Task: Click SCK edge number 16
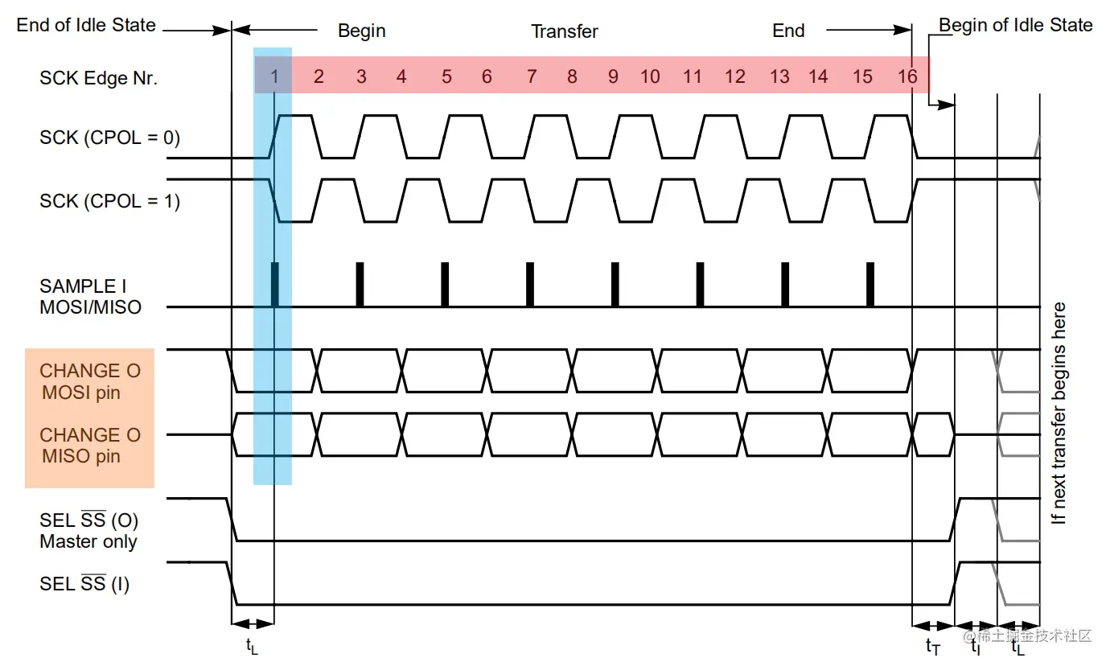pyautogui.click(x=907, y=77)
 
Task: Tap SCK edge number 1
pyautogui.click(x=274, y=77)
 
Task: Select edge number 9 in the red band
pyautogui.click(x=613, y=77)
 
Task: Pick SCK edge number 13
pyautogui.click(x=779, y=77)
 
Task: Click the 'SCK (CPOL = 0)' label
pyautogui.click(x=109, y=138)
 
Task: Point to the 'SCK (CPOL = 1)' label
pyautogui.click(x=109, y=200)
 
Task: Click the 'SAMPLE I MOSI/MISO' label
pyautogui.click(x=90, y=296)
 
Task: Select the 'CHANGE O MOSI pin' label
pyautogui.click(x=90, y=382)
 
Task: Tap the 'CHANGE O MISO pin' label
pyautogui.click(x=90, y=446)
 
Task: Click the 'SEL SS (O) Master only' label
pyautogui.click(x=88, y=531)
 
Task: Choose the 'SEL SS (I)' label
pyautogui.click(x=84, y=584)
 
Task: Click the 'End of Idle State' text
pyautogui.click(x=86, y=25)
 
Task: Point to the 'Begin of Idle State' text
pyautogui.click(x=1015, y=25)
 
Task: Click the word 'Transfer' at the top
pyautogui.click(x=565, y=31)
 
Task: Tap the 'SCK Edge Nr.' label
pyautogui.click(x=98, y=78)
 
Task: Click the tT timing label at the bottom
pyautogui.click(x=933, y=646)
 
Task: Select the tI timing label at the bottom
pyautogui.click(x=975, y=646)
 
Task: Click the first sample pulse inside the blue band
pyautogui.click(x=274, y=285)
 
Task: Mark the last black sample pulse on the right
pyautogui.click(x=870, y=285)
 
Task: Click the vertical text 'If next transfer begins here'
pyautogui.click(x=1059, y=413)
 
